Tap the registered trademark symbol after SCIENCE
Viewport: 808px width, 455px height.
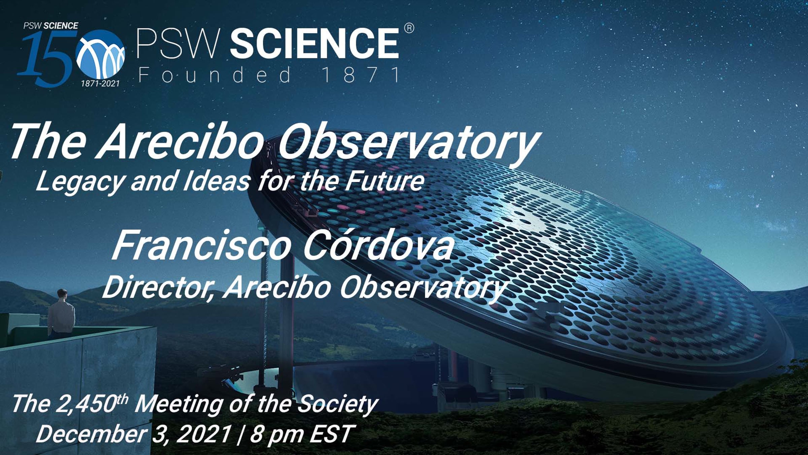click(x=409, y=28)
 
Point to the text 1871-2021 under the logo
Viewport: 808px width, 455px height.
click(x=100, y=83)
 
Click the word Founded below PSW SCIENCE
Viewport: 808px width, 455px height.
click(x=215, y=74)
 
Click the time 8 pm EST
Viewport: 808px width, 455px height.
click(x=301, y=434)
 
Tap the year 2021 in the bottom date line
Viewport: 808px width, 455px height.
click(x=204, y=434)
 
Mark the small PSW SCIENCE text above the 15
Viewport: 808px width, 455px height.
click(x=51, y=26)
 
